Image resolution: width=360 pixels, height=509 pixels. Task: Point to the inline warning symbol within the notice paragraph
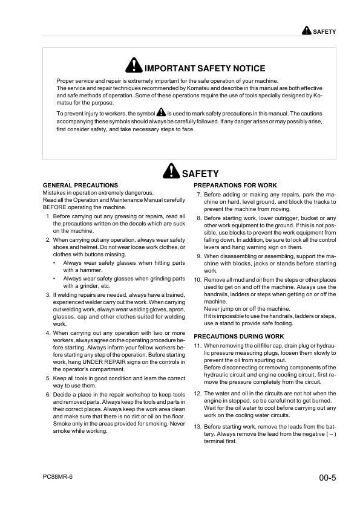[x=160, y=112]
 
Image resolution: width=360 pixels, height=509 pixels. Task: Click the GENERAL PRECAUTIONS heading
[x=80, y=185]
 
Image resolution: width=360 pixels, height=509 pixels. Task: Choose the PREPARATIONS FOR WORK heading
[x=235, y=185]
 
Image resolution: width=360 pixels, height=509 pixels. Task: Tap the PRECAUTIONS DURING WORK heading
[x=239, y=336]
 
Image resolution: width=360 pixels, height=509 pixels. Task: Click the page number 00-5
[x=327, y=478]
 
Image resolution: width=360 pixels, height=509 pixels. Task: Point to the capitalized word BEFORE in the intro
[x=55, y=207]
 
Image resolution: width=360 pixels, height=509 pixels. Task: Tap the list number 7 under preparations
[x=199, y=195]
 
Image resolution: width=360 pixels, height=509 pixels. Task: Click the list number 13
[x=197, y=426]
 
